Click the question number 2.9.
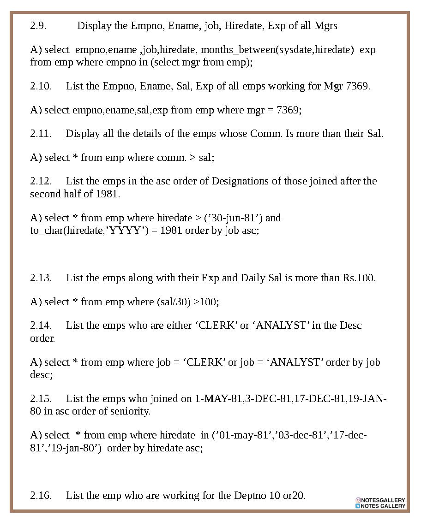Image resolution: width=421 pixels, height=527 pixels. pyautogui.click(x=38, y=26)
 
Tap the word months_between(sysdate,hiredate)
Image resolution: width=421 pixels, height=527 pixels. pyautogui.click(x=277, y=50)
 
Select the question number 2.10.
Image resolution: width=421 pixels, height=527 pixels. pyautogui.click(x=41, y=86)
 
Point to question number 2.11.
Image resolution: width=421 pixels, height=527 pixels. pyautogui.click(x=41, y=134)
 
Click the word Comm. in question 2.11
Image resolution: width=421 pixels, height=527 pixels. pyautogui.click(x=266, y=134)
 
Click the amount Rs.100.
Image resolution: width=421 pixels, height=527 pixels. pyautogui.click(x=359, y=278)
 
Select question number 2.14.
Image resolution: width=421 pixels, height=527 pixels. pyautogui.click(x=41, y=326)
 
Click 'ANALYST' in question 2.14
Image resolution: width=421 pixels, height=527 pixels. pyautogui.click(x=281, y=326)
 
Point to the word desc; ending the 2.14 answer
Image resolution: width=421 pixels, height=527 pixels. pyautogui.click(x=42, y=375)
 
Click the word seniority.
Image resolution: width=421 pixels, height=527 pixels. pyautogui.click(x=131, y=411)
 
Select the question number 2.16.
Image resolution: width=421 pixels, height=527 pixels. pyautogui.click(x=41, y=496)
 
